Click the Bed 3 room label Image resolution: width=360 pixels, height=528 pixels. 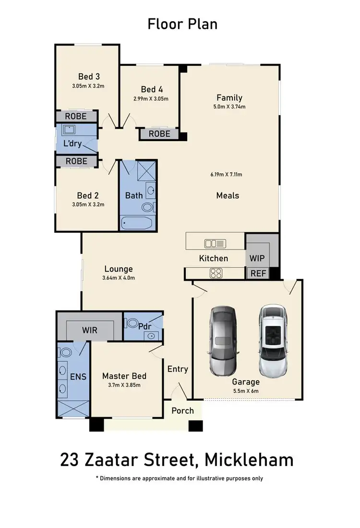click(x=89, y=76)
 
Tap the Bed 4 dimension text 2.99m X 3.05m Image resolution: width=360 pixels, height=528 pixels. click(x=151, y=99)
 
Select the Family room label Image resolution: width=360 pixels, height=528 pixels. click(x=229, y=97)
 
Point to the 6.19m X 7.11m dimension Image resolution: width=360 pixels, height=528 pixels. click(x=226, y=174)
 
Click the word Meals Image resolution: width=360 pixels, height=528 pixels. click(x=228, y=195)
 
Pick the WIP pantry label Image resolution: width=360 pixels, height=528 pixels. click(x=257, y=258)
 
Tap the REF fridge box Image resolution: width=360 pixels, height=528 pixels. click(x=256, y=274)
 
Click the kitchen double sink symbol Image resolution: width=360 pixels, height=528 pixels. click(x=215, y=243)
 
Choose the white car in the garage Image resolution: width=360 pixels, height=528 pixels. click(x=273, y=340)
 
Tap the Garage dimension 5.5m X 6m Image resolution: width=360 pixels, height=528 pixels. click(x=245, y=391)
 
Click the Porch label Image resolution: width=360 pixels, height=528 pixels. click(x=182, y=410)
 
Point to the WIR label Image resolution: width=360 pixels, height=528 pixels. click(x=90, y=331)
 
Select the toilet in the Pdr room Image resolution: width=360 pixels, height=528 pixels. click(x=132, y=323)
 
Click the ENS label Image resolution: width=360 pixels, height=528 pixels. click(x=78, y=376)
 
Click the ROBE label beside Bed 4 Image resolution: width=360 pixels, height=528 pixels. click(x=159, y=134)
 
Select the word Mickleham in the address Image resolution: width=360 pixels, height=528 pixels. click(x=249, y=459)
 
